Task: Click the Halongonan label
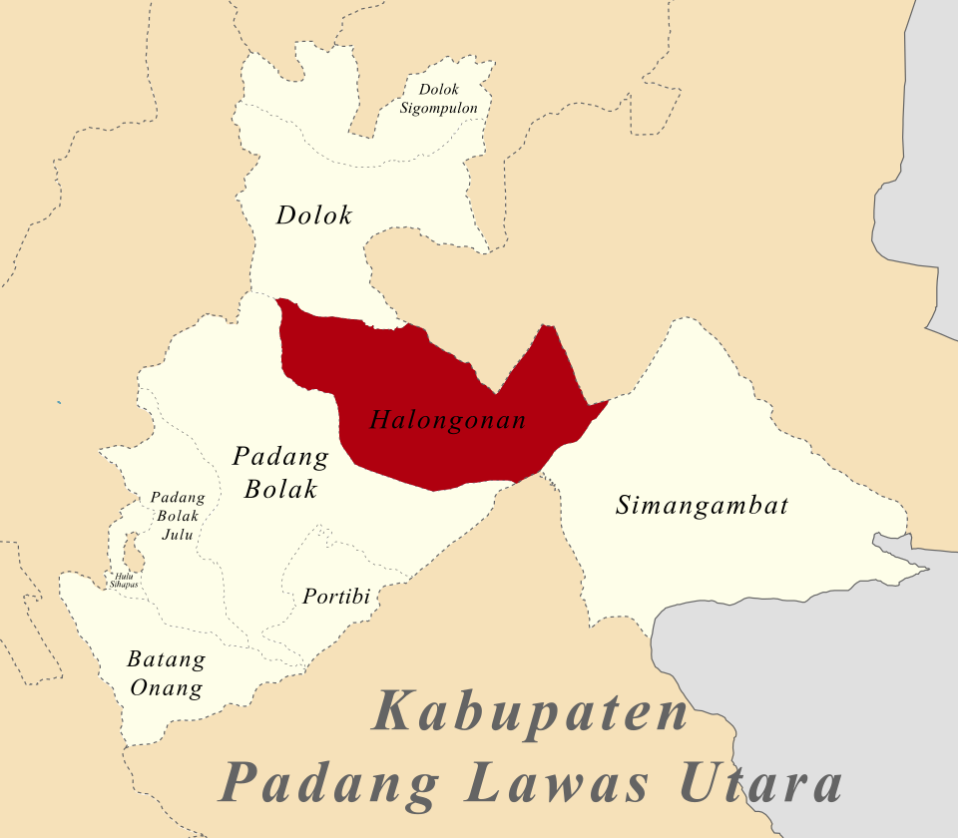447,420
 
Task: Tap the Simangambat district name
702,505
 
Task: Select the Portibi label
335,597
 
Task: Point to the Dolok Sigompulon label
439,99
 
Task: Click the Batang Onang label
166,674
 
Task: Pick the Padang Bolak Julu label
177,516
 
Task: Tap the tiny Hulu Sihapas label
124,578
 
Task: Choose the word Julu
177,534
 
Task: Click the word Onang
168,688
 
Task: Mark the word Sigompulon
439,108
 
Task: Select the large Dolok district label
314,214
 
